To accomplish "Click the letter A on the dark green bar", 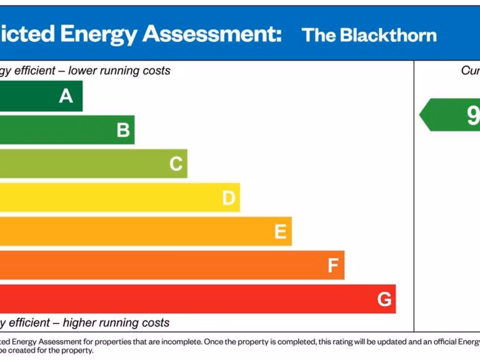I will click(66, 96).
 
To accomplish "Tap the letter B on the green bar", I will click(123, 130).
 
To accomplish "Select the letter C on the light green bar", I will click(176, 164).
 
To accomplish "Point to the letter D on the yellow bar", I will click(228, 198).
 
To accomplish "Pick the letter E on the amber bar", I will click(280, 232).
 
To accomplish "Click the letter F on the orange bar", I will click(333, 266).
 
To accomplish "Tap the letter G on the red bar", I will click(384, 300).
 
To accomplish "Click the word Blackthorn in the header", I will click(388, 35).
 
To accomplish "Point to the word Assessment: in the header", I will click(212, 34).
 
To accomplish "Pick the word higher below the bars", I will click(81, 323).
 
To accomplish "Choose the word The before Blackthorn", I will click(319, 35).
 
